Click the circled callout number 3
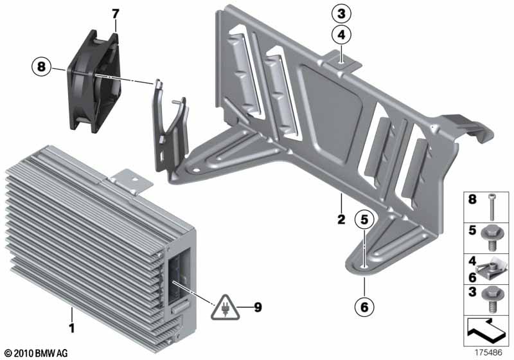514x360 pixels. (x=341, y=14)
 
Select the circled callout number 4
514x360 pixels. (x=341, y=35)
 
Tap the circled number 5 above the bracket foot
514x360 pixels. (x=364, y=220)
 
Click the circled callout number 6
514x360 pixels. (x=364, y=307)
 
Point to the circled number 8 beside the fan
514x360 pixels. (x=41, y=67)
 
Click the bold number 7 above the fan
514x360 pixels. (x=116, y=14)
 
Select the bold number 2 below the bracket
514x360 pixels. (x=341, y=219)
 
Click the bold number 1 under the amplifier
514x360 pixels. (x=72, y=327)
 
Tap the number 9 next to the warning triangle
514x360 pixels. (x=258, y=307)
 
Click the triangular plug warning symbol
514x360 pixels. (x=225, y=308)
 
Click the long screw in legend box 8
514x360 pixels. (x=492, y=206)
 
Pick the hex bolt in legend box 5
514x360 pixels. (x=491, y=239)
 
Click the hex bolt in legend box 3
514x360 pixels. (x=491, y=299)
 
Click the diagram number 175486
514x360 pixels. (x=488, y=352)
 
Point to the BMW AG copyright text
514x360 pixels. (x=37, y=353)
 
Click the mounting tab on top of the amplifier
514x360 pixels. (x=131, y=181)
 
